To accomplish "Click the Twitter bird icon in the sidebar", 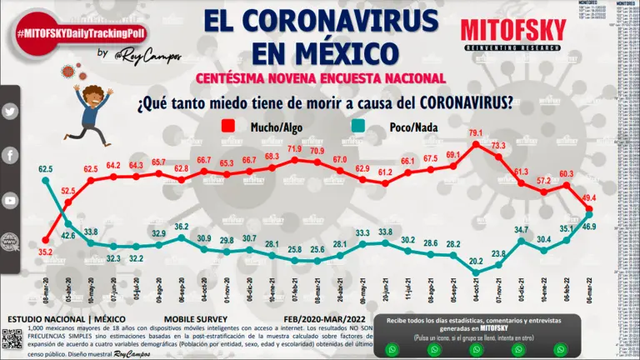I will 11,112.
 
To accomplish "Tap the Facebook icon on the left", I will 11,156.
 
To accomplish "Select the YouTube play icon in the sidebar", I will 11,201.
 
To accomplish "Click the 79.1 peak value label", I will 476,132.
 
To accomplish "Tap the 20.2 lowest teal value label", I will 476,260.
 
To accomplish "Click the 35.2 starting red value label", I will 45,251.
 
